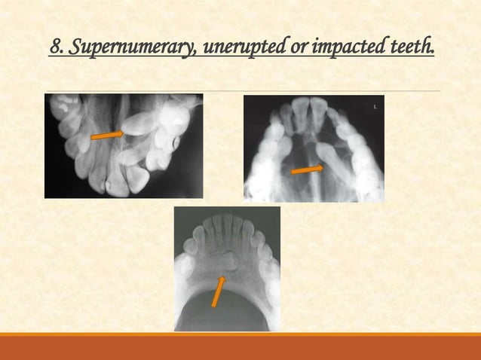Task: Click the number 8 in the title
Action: click(54, 49)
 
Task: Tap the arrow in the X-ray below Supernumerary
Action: click(108, 135)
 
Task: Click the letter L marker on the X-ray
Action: click(375, 108)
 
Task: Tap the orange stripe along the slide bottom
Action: click(240, 334)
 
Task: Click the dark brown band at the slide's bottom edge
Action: click(240, 349)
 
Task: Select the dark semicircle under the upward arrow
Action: click(227, 313)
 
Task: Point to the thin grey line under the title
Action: click(240, 91)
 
